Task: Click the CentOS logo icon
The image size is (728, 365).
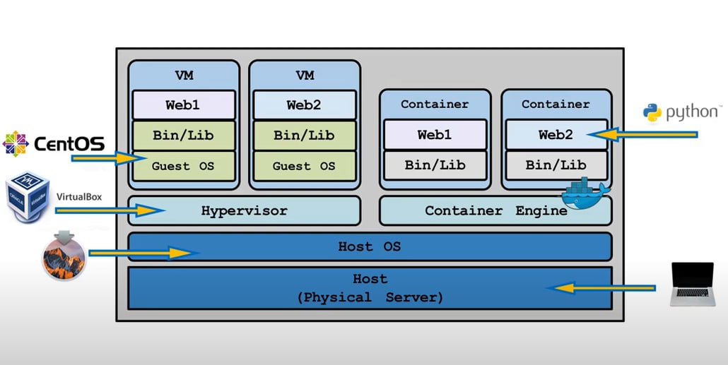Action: pos(15,144)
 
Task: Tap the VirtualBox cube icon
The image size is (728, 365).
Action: pos(26,196)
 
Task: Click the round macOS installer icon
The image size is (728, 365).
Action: pos(64,253)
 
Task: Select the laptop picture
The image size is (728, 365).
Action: pos(693,284)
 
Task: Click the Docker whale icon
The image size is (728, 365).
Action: pos(584,195)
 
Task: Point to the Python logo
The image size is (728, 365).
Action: pos(652,112)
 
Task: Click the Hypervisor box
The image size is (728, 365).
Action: pos(244,210)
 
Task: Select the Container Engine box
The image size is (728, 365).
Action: pos(495,210)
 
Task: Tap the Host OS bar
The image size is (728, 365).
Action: pos(370,246)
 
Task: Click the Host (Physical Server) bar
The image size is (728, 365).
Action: pos(370,287)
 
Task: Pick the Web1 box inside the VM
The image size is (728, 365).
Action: pos(183,105)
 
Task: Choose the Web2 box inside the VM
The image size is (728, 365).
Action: pos(304,105)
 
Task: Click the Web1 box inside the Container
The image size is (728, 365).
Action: pos(435,134)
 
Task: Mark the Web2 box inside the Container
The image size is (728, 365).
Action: pos(556,134)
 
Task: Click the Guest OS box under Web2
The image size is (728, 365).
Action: pos(304,167)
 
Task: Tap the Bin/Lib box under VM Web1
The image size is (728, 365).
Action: pos(183,136)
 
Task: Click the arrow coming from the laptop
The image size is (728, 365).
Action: pos(606,287)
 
